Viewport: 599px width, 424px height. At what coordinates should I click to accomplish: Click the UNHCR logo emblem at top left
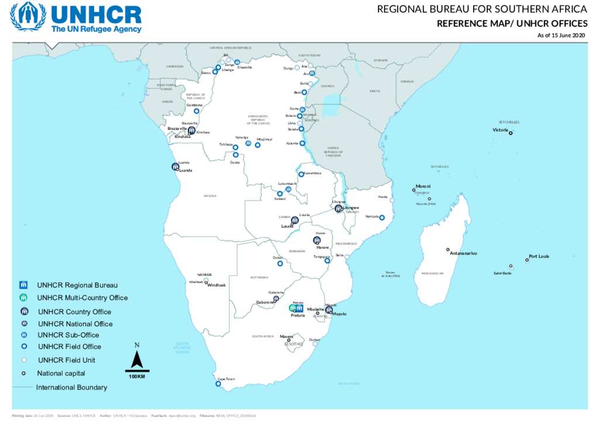point(27,17)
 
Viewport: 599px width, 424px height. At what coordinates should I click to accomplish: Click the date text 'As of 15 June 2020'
point(561,36)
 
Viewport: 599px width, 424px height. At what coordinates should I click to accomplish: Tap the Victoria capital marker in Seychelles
point(510,133)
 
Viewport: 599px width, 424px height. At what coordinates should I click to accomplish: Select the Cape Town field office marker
point(218,384)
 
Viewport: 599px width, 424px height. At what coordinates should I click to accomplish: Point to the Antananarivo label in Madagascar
point(463,253)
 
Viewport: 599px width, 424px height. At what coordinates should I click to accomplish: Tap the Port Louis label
point(539,256)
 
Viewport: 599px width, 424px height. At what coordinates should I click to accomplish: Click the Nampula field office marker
point(382,218)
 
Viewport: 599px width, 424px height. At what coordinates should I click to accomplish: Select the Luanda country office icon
point(175,167)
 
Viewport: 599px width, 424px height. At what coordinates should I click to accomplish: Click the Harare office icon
point(316,240)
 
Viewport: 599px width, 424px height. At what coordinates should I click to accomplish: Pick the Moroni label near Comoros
point(423,186)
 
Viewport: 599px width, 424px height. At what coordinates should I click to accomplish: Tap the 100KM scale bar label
point(137,376)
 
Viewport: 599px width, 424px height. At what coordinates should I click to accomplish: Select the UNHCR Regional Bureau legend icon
point(24,285)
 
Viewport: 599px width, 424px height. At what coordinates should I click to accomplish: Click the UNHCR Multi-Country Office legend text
point(82,298)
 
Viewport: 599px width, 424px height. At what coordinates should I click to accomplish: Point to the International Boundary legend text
point(72,387)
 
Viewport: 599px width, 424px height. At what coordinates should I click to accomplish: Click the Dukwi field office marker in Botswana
point(280,263)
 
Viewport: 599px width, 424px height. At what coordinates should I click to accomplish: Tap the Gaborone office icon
point(276,299)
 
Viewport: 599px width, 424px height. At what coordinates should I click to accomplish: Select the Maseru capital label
point(286,336)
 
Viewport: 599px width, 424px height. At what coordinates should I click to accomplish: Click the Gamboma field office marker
point(197,111)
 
